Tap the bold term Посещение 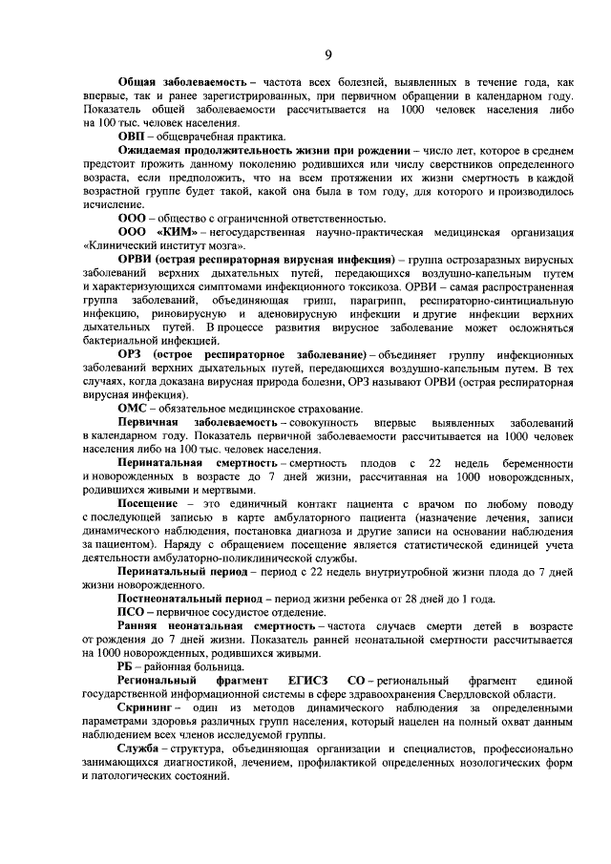[x=148, y=503]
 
